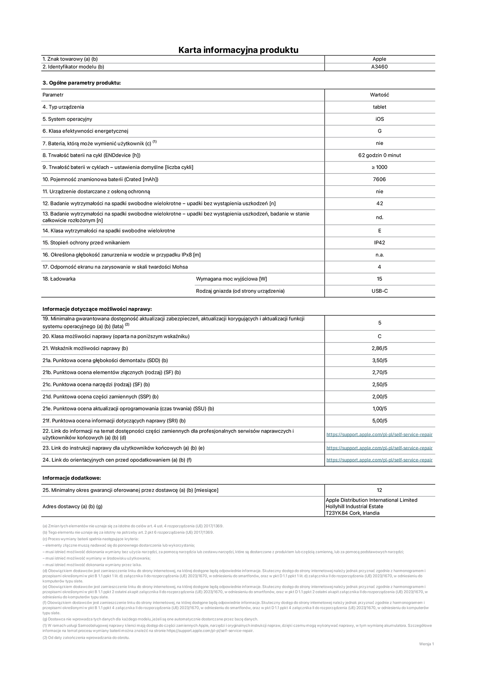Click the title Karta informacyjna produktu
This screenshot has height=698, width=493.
tap(238, 50)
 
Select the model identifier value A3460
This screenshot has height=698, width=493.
tap(379, 67)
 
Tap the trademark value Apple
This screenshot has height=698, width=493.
tap(379, 59)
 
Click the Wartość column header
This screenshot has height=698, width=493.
tap(379, 95)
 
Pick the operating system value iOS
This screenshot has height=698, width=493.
tap(379, 119)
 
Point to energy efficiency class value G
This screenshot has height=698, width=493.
tap(379, 131)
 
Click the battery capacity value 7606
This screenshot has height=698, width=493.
tap(379, 179)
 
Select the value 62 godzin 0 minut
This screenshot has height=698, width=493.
tap(379, 155)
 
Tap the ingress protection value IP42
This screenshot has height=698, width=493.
tap(379, 243)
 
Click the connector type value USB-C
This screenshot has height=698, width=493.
tap(379, 291)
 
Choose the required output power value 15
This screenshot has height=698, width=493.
tap(379, 279)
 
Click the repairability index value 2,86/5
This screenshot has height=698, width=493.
tap(379, 348)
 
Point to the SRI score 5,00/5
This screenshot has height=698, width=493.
tap(379, 421)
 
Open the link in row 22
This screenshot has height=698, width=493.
tap(379, 435)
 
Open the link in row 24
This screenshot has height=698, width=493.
tap(379, 460)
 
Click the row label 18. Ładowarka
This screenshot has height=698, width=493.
tap(59, 279)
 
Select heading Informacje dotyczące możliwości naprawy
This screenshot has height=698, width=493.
tap(97, 309)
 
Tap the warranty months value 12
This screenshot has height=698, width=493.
tap(379, 490)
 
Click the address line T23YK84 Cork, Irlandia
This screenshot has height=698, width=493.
tap(352, 513)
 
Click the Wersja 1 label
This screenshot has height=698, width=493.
tap(426, 644)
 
